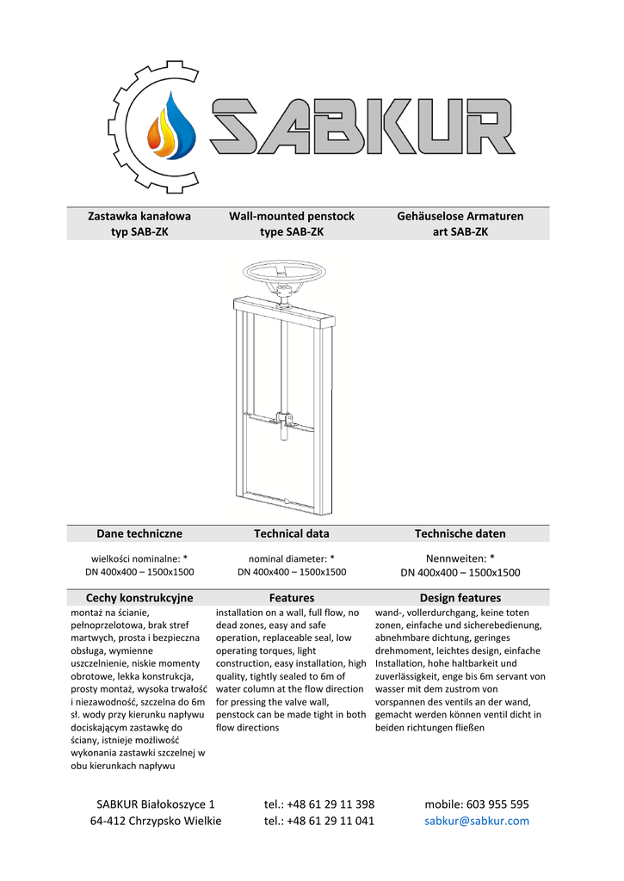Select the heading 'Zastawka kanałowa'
point(139,216)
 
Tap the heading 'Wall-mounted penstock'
point(292,216)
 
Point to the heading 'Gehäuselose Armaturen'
point(460,216)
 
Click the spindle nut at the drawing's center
point(282,421)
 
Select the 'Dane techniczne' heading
point(139,533)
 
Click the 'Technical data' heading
point(292,533)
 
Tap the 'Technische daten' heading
point(460,533)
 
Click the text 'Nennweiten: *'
point(460,558)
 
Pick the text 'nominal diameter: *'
point(292,558)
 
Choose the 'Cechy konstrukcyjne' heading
point(139,597)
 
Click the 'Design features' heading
point(460,597)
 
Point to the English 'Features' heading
point(292,597)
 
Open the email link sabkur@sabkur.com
point(477,821)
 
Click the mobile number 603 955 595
point(477,804)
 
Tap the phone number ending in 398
point(319,804)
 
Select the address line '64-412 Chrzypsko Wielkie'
point(156,821)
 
